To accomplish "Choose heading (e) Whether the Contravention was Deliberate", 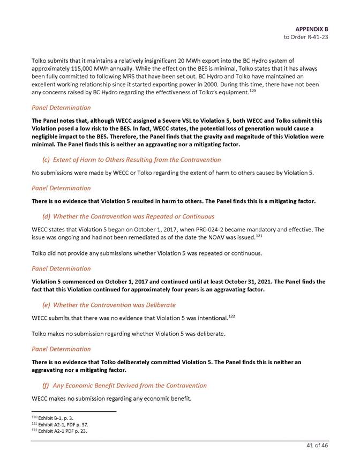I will pos(109,305).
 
